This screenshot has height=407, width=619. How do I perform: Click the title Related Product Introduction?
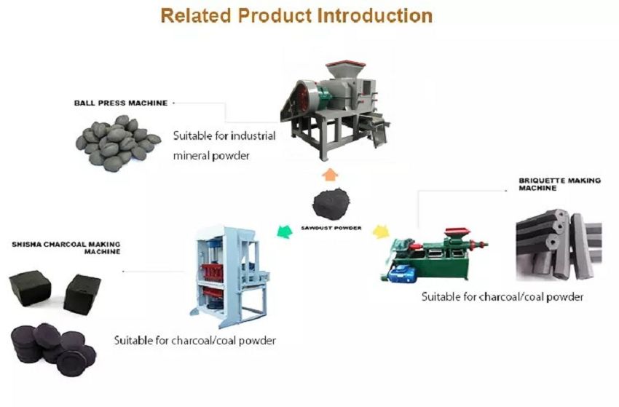(296, 15)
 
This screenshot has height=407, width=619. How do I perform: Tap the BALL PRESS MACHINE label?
(120, 103)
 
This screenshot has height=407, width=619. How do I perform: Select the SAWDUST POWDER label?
(331, 227)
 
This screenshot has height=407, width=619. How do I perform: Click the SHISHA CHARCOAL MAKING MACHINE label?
(65, 247)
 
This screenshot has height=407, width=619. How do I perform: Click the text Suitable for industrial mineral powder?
(224, 145)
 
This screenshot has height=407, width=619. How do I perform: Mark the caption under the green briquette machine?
(502, 297)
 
